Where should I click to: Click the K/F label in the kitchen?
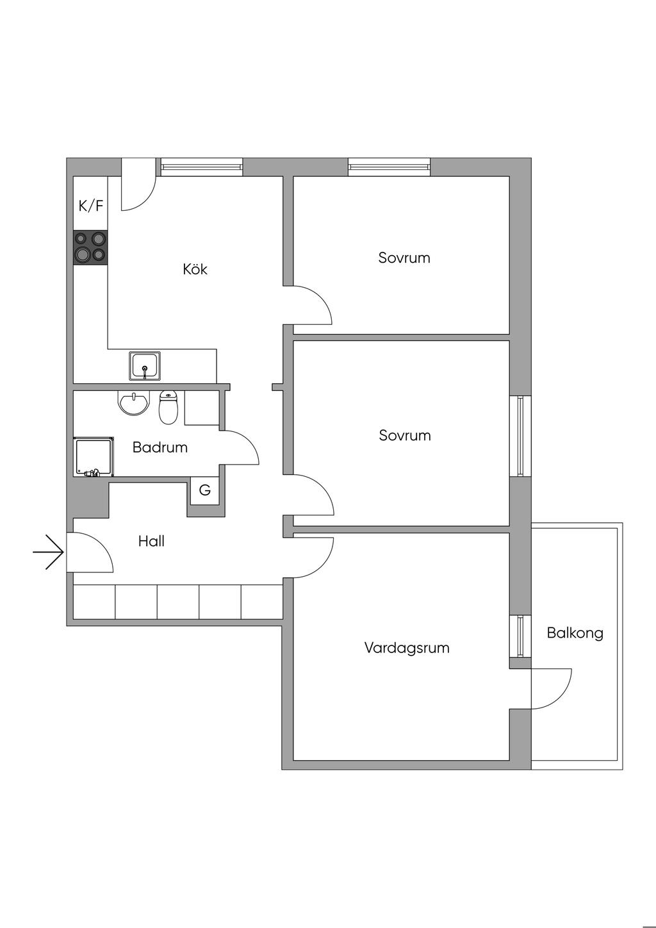coord(90,206)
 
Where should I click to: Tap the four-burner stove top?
coord(90,247)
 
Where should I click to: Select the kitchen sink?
coord(145,365)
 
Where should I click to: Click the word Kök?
coord(195,269)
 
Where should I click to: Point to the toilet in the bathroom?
coord(168,408)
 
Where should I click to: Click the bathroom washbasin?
coord(133,403)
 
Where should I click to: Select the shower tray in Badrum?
coord(94,456)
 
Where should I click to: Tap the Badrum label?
coord(160,447)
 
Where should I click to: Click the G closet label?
coord(205,491)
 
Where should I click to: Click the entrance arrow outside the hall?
coord(49,551)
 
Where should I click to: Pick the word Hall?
coord(151,542)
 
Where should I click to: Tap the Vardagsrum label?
coord(407,648)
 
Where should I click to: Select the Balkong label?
coord(575,633)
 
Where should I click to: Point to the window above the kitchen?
coord(202,167)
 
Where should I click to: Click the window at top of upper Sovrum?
coord(389,167)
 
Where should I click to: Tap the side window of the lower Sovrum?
coord(520,436)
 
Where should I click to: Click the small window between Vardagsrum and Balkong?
coord(520,636)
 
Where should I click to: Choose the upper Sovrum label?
coord(404,258)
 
